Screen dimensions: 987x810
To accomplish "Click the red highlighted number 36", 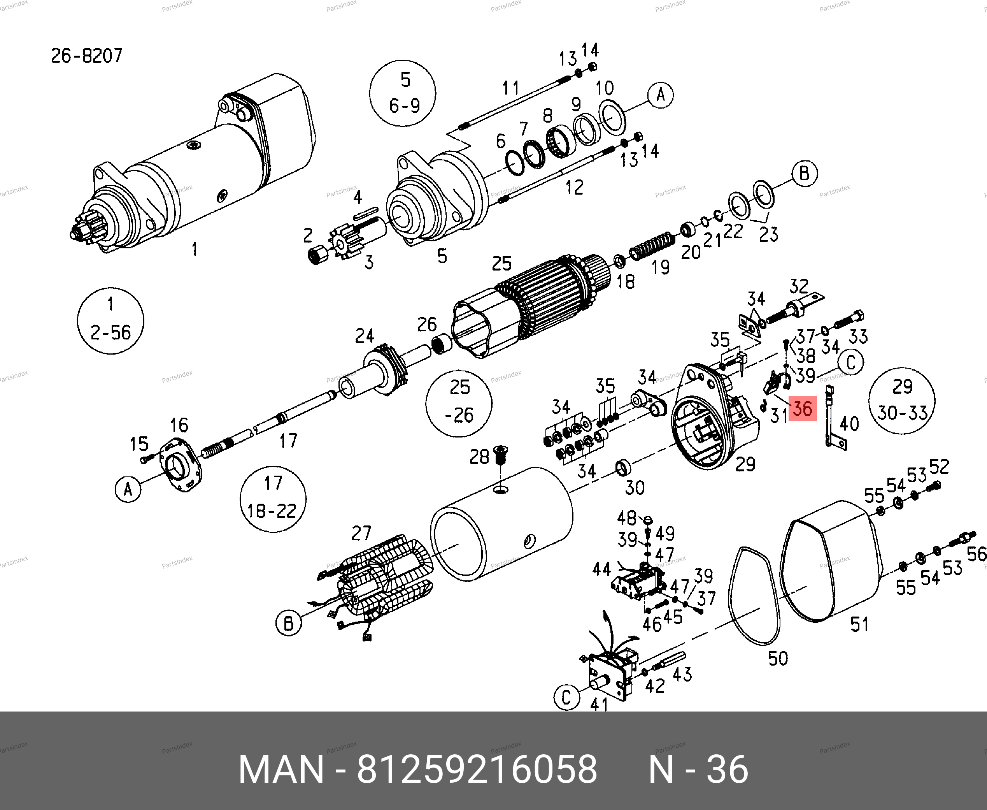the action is pos(802,408).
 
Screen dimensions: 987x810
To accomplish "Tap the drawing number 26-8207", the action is pos(86,56).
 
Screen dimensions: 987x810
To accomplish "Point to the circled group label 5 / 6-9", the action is pos(403,93).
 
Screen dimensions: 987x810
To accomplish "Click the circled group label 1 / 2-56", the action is pos(110,321).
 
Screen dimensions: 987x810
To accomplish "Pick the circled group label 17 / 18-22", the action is pos(273,499).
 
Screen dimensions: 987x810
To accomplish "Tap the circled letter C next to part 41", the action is pos(566,698).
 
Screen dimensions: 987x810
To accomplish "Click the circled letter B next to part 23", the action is pos(804,174).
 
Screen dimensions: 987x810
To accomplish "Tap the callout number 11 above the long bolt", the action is pos(510,88).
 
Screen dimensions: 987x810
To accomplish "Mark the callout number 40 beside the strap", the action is pos(849,423).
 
